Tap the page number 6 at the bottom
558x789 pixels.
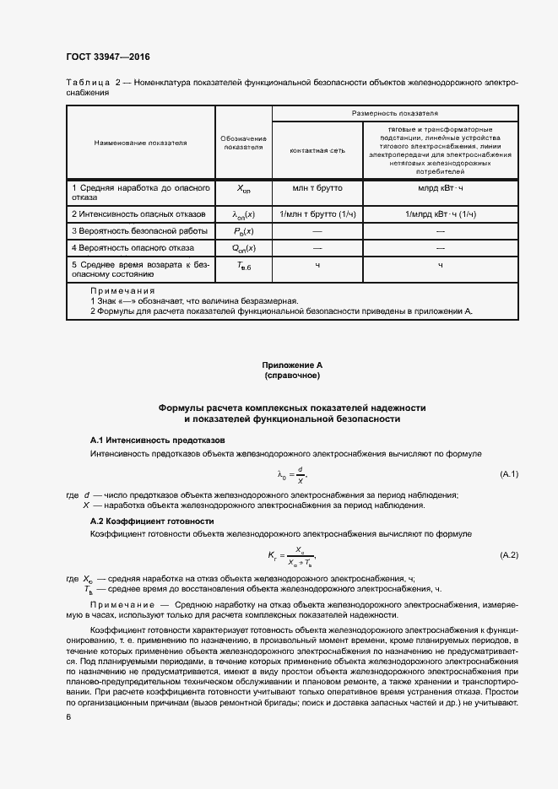point(68,716)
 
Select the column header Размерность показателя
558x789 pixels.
point(394,112)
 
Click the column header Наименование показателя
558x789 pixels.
point(140,143)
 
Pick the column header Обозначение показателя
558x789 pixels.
point(244,143)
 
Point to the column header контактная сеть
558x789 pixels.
point(317,149)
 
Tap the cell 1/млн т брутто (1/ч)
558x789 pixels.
point(317,214)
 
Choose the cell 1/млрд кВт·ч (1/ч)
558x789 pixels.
point(440,214)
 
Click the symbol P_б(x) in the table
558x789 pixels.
point(244,231)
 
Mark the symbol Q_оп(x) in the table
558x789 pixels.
point(244,248)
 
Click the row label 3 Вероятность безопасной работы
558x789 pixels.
point(139,231)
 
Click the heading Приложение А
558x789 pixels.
point(291,365)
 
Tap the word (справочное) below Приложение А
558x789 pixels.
point(291,374)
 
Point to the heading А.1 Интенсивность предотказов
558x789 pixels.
point(157,440)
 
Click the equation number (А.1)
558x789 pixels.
point(509,473)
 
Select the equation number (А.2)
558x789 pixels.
point(509,554)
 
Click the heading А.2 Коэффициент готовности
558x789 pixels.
point(152,521)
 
